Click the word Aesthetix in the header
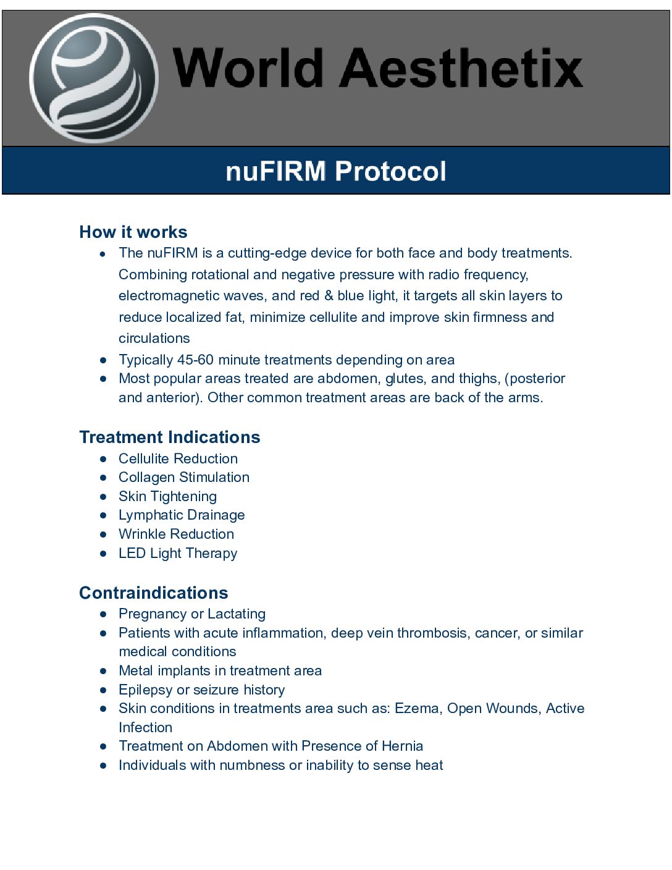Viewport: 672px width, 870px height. [461, 67]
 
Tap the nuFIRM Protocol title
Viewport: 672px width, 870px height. [335, 171]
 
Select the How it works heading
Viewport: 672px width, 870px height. [133, 232]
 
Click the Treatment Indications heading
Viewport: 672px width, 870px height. [170, 437]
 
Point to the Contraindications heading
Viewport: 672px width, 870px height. [154, 593]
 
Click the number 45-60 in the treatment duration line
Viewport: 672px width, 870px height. [195, 360]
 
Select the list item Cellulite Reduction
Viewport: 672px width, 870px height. [178, 458]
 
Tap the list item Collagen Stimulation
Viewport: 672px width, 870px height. [184, 477]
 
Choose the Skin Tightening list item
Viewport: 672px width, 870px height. [167, 496]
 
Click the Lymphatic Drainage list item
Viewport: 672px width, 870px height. [182, 515]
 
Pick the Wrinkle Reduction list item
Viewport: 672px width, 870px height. [176, 534]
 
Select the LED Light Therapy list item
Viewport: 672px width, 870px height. [178, 553]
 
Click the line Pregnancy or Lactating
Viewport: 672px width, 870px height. [192, 614]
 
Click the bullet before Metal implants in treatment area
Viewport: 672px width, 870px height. [103, 670]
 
